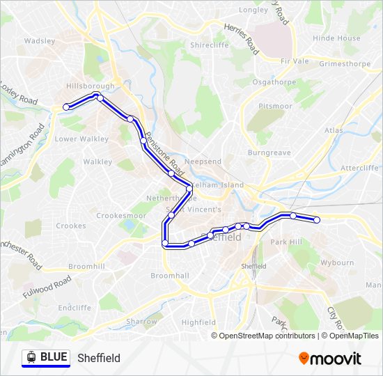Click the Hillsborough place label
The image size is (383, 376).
[90, 85]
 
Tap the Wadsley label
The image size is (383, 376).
[39, 41]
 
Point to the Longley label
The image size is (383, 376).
[253, 10]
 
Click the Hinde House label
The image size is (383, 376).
[337, 38]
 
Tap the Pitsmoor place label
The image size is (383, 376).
[275, 106]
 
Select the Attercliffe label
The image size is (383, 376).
[359, 168]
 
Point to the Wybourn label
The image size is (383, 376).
[337, 263]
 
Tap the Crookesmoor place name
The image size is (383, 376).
[120, 216]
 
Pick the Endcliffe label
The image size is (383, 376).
[75, 307]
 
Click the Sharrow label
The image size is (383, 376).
[141, 322]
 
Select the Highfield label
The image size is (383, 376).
[198, 322]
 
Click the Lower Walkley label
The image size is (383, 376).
[81, 139]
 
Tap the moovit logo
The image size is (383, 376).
[330, 359]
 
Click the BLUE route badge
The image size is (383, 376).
[46, 358]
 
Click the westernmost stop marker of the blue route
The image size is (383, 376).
[67, 107]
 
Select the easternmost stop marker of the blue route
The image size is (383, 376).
[317, 220]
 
